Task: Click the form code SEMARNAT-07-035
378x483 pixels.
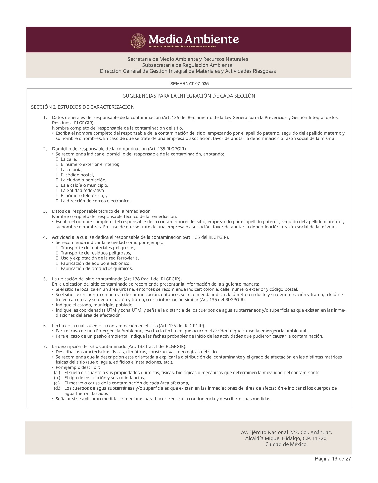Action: [189, 84]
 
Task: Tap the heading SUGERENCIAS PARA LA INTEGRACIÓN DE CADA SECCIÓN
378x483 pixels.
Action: [189, 96]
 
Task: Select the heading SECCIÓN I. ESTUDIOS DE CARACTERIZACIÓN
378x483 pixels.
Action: [83, 107]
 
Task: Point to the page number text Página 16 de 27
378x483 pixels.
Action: [333, 459]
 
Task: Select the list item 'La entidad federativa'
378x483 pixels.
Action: [82, 191]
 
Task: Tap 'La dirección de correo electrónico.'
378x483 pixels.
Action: [96, 201]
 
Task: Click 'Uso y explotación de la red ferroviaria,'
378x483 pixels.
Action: [100, 258]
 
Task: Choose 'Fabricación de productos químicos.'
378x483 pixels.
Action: [97, 268]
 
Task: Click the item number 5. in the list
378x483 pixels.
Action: [45, 279]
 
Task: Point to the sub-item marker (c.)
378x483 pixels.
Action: [57, 383]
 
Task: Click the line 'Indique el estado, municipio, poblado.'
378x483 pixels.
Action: [95, 305]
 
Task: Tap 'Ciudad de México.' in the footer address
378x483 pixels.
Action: [286, 445]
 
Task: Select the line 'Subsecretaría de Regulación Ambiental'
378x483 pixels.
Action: [188, 65]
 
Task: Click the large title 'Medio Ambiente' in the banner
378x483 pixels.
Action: [194, 39]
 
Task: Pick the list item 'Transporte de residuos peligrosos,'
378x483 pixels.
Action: [96, 253]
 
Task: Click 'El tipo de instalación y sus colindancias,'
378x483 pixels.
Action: [105, 378]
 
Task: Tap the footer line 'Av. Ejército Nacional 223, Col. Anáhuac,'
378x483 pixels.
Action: [286, 432]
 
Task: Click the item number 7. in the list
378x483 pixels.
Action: [45, 347]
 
